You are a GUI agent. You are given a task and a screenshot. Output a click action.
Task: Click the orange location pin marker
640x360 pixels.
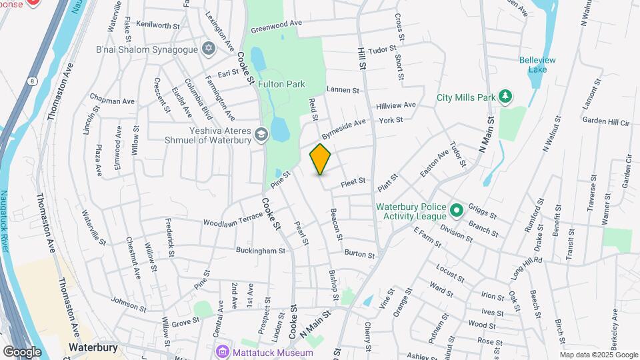[320, 159]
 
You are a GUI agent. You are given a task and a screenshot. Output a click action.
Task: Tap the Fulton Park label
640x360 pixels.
[282, 84]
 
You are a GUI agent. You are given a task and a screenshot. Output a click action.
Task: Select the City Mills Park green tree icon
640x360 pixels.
[506, 97]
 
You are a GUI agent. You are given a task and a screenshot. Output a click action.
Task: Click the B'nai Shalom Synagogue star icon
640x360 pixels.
[209, 49]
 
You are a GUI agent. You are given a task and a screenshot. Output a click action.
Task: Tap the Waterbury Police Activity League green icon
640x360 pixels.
[456, 211]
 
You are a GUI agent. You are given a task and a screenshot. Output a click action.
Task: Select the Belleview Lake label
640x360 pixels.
[537, 64]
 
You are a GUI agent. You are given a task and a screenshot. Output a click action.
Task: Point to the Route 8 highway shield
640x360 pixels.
[31, 81]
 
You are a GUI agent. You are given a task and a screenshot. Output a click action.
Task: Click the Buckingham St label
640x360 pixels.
[260, 251]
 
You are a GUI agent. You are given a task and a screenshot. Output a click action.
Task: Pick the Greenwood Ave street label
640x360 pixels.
[276, 26]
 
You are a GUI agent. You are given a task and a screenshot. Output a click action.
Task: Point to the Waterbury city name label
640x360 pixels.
[93, 347]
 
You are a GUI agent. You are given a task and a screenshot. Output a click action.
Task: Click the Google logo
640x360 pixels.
[22, 352]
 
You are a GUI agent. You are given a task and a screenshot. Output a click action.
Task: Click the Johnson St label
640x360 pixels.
[128, 303]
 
